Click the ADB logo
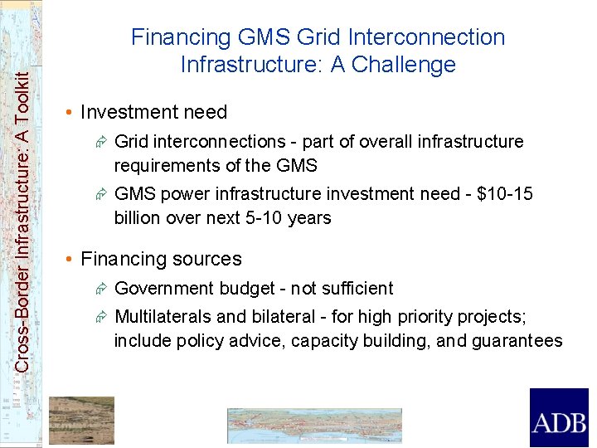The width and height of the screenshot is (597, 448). (559, 418)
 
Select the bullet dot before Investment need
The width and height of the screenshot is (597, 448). (72, 112)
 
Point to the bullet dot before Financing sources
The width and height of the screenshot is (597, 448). (72, 259)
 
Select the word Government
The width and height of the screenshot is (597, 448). (165, 289)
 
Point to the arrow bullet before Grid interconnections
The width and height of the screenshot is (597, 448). (100, 142)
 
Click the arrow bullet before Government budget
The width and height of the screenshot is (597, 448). (100, 289)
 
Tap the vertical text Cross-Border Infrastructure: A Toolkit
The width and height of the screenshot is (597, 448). (23, 207)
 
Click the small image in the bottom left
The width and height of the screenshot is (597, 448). (81, 420)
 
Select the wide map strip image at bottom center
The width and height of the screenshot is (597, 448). (314, 425)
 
